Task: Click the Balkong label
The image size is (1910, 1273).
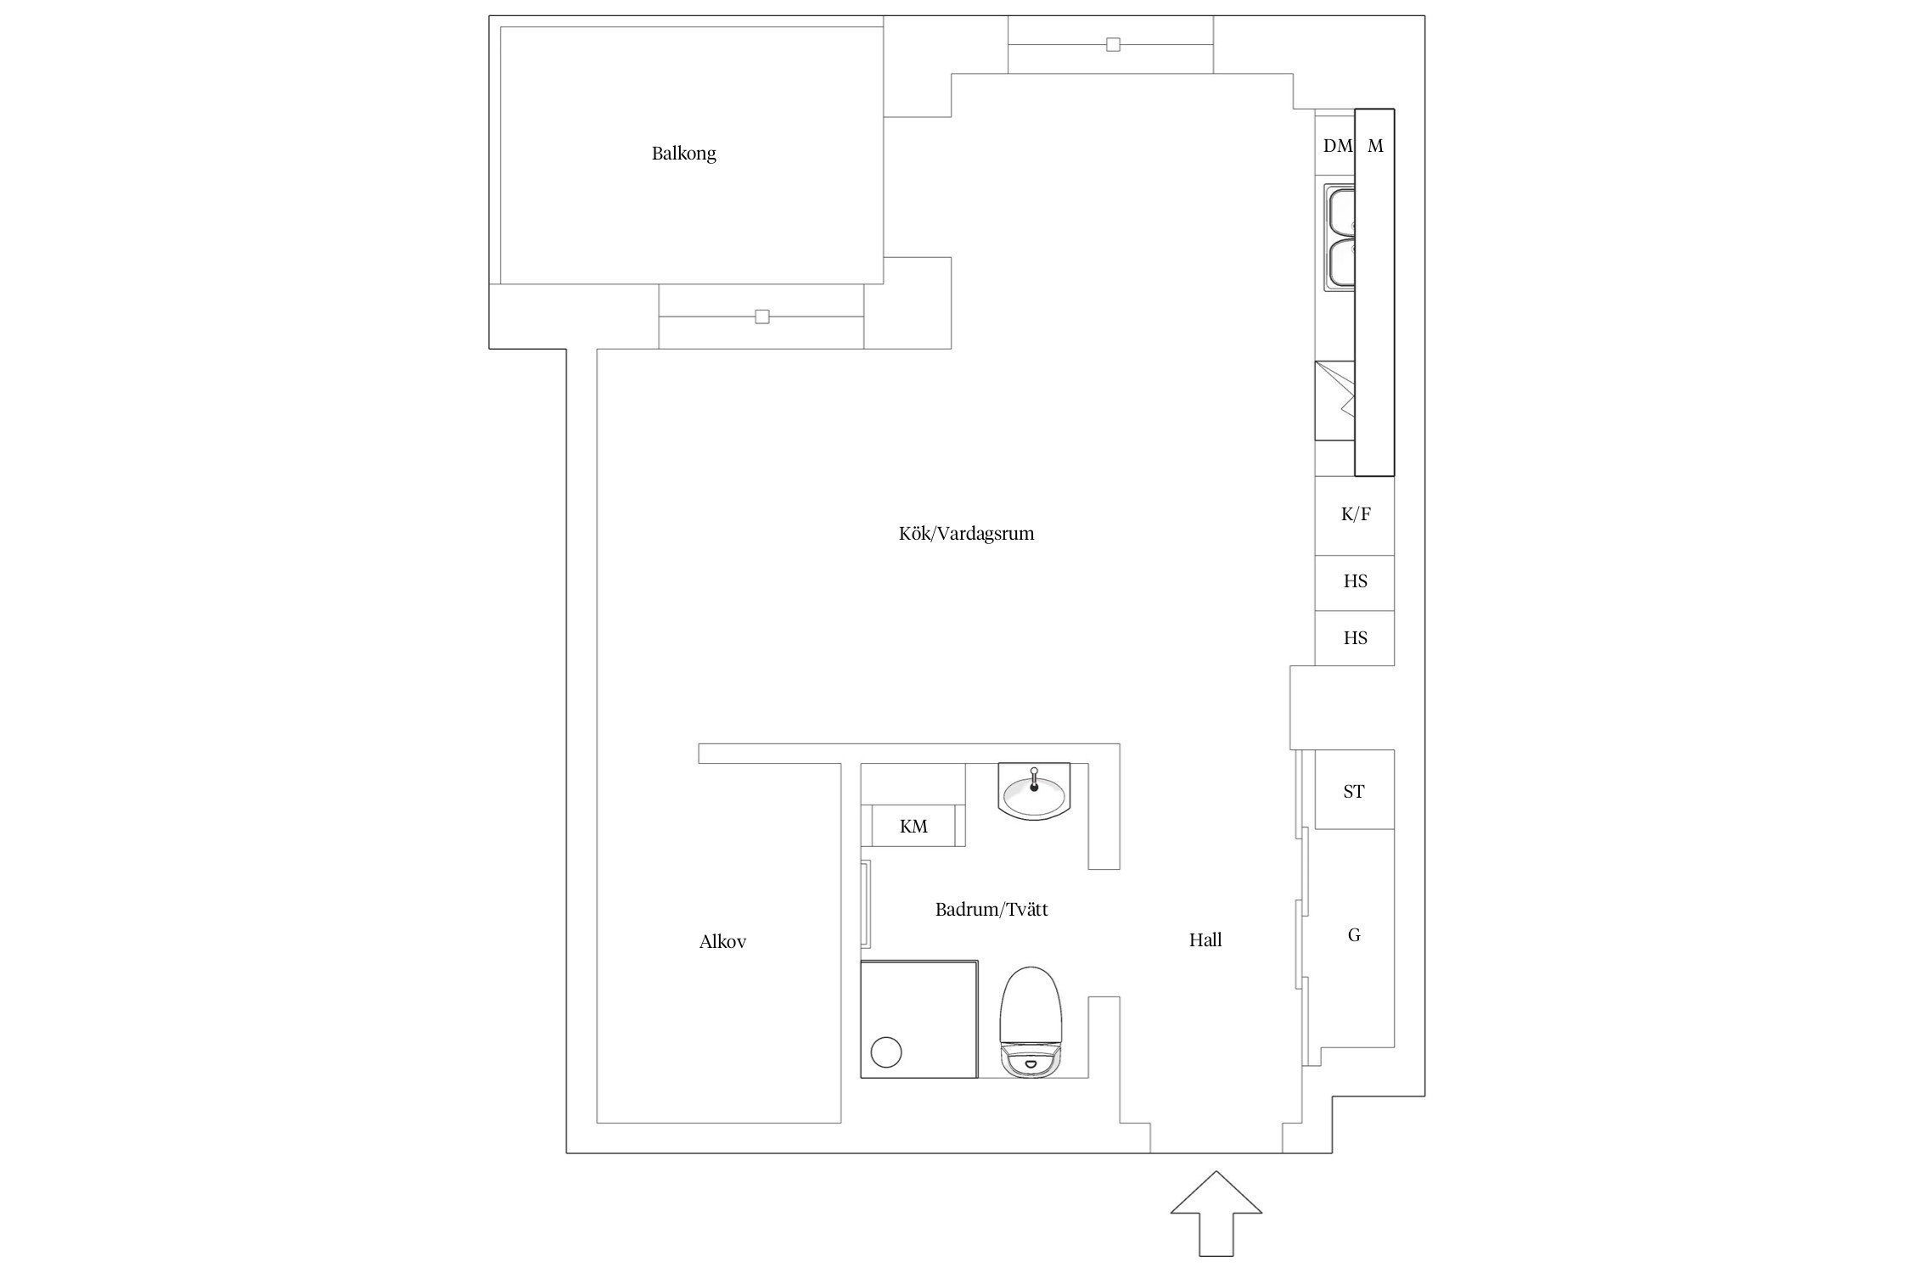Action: tap(683, 154)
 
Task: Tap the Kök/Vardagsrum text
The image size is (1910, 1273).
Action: tap(966, 534)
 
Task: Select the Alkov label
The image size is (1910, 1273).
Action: tap(722, 941)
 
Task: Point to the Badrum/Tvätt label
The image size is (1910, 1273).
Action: tap(991, 910)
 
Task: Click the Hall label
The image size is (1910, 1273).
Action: tap(1205, 939)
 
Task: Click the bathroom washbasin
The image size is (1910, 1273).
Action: tap(1033, 794)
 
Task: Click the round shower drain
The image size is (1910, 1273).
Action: tap(886, 1052)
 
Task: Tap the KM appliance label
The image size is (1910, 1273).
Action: tap(913, 826)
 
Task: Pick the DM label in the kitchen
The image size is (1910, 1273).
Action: tap(1337, 146)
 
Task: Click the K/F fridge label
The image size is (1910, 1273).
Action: tap(1355, 514)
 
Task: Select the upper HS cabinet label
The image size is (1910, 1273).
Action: tap(1355, 581)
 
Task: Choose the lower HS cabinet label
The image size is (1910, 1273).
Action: tap(1355, 638)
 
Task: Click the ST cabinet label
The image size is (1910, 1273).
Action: tap(1353, 792)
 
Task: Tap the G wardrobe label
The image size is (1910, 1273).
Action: tap(1354, 935)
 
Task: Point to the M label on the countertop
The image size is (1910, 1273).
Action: tap(1375, 146)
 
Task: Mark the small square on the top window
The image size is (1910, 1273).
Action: tap(1113, 45)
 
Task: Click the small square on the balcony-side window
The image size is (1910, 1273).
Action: tap(762, 317)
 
